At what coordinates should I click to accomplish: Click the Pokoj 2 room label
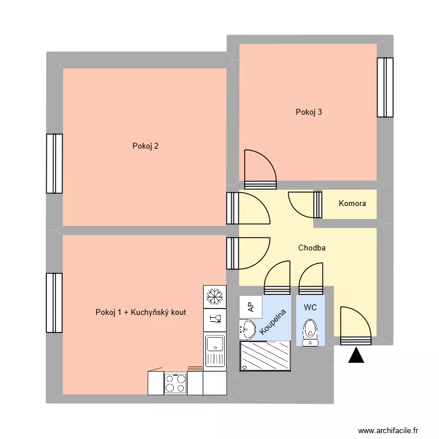(x=145, y=146)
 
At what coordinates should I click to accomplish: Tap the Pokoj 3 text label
(x=308, y=112)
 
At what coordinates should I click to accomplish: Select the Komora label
(x=352, y=204)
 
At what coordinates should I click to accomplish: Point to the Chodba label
(x=311, y=248)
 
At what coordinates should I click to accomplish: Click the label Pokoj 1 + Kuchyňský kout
(x=140, y=313)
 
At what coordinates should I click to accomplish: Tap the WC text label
(x=310, y=307)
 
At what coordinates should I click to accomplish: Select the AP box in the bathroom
(x=251, y=306)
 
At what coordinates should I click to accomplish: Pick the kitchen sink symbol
(x=215, y=351)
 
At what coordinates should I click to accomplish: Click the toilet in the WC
(x=310, y=332)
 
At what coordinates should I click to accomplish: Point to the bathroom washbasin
(x=247, y=329)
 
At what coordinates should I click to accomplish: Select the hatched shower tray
(x=265, y=356)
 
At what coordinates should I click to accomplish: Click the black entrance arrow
(x=356, y=355)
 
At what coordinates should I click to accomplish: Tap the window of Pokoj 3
(x=385, y=87)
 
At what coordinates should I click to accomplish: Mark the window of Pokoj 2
(x=54, y=163)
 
